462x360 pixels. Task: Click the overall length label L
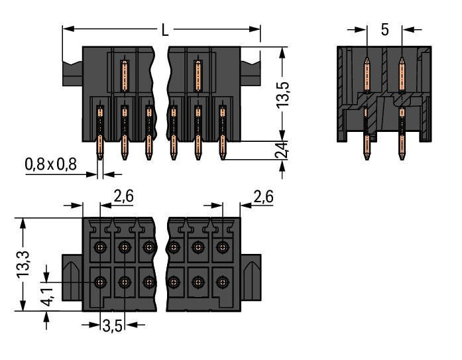click(x=164, y=29)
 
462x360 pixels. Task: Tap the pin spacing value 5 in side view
click(x=384, y=30)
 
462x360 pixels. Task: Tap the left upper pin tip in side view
click(x=367, y=60)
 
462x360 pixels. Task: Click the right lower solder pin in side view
click(x=400, y=149)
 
